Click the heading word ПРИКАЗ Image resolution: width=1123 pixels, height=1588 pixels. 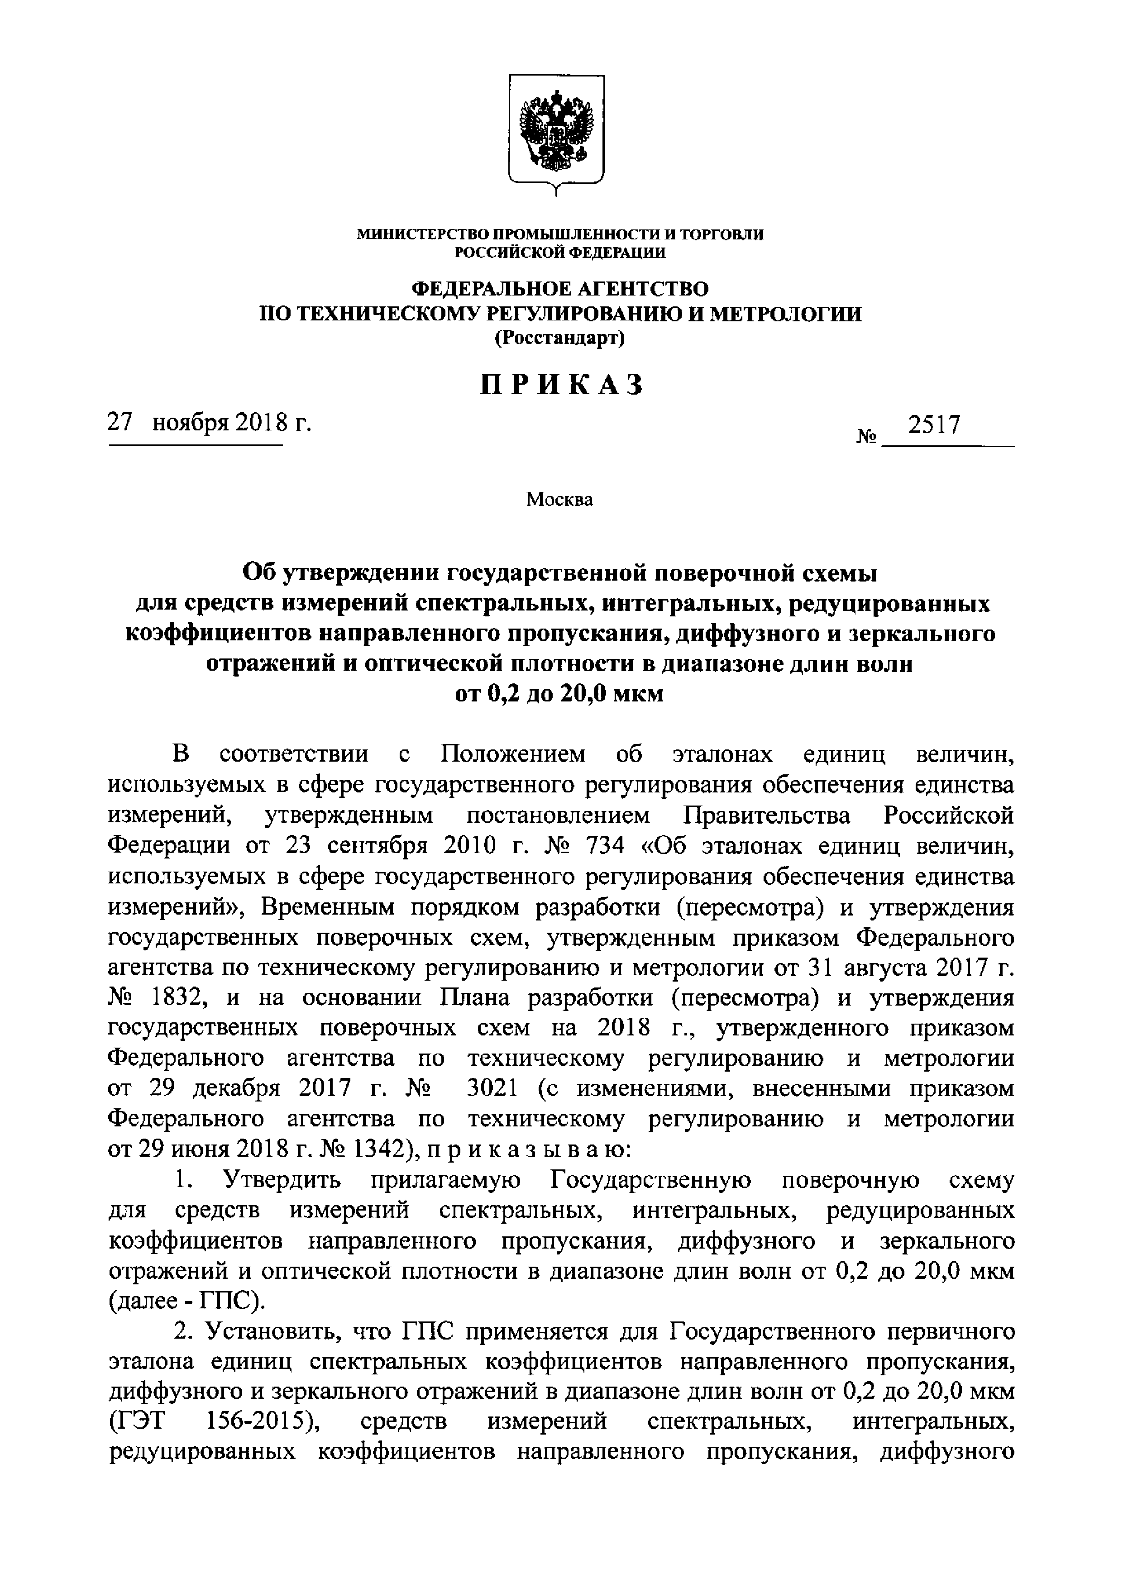(562, 385)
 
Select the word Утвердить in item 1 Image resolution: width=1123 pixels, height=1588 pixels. (280, 1180)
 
